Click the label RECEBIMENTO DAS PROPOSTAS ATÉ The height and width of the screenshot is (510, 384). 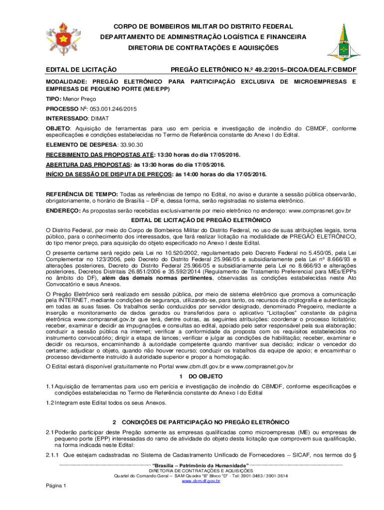tap(86, 155)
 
